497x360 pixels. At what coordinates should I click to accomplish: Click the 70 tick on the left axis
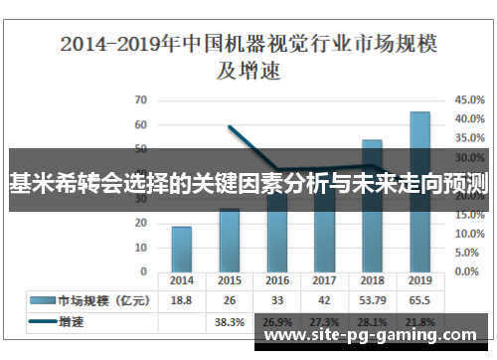click(x=140, y=99)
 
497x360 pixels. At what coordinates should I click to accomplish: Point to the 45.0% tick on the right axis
click(x=469, y=99)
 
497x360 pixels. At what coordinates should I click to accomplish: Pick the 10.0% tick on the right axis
click(x=469, y=234)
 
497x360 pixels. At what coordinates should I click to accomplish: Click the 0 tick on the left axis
click(x=143, y=271)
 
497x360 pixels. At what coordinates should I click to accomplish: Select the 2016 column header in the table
click(x=277, y=280)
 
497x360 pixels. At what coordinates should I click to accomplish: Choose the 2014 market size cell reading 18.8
click(x=182, y=300)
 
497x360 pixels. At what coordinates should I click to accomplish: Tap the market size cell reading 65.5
click(x=420, y=300)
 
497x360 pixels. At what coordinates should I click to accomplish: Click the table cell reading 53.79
click(x=372, y=300)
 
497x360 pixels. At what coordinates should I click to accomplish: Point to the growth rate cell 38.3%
click(x=229, y=322)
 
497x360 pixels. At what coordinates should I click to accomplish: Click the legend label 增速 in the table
click(x=72, y=322)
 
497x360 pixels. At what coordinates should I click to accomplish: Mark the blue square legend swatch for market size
click(x=41, y=300)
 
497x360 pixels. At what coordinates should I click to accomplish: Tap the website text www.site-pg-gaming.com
click(x=373, y=337)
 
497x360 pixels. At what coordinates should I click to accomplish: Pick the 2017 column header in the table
click(x=324, y=280)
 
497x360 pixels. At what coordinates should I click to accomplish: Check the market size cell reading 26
click(x=229, y=300)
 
